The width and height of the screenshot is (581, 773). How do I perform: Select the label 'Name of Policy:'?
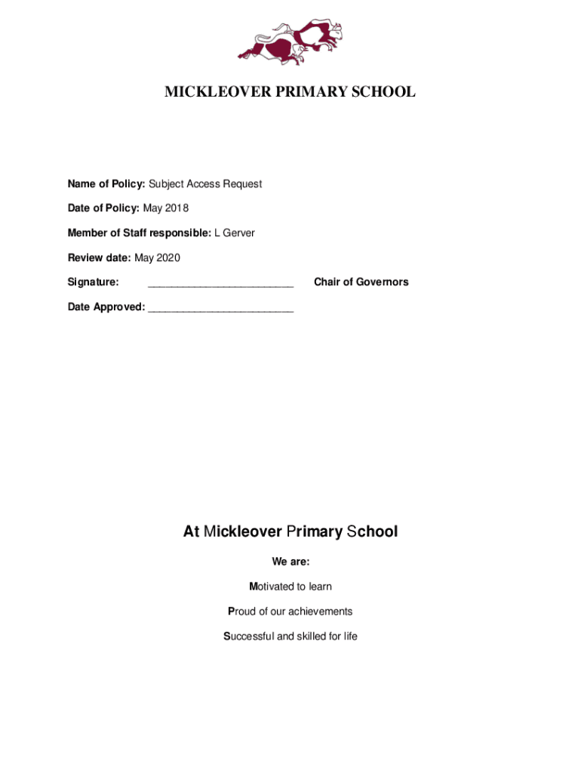click(106, 183)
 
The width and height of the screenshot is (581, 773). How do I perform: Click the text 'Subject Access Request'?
click(205, 183)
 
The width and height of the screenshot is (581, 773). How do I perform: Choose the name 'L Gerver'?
click(235, 233)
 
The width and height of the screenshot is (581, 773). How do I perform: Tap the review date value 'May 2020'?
click(157, 257)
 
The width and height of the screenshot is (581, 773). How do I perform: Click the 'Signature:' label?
click(93, 282)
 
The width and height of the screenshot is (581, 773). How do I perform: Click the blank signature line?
click(220, 284)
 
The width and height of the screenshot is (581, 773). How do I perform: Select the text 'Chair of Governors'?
click(361, 282)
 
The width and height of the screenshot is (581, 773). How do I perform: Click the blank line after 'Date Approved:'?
click(220, 309)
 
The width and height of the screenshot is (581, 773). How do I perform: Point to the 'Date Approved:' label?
click(106, 306)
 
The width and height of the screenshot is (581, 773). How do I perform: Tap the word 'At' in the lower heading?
click(191, 531)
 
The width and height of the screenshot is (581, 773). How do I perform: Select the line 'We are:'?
click(290, 562)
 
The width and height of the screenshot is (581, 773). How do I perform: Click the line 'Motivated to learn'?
click(290, 587)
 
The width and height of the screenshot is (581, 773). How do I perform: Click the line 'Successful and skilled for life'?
click(290, 636)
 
